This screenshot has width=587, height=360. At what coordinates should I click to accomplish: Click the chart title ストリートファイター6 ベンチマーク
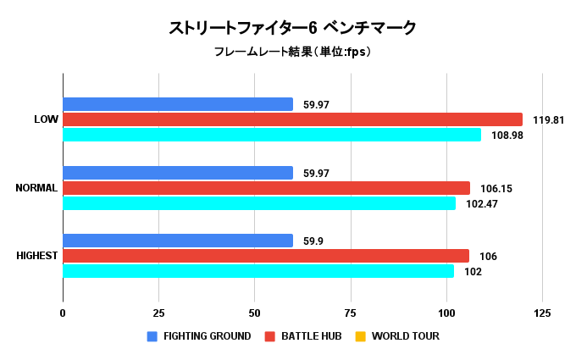pyautogui.click(x=293, y=29)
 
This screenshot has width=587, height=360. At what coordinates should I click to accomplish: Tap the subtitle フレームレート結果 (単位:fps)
pyautogui.click(x=293, y=53)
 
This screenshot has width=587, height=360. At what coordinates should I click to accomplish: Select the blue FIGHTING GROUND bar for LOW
pyautogui.click(x=178, y=104)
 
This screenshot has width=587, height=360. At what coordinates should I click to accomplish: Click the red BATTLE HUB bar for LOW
pyautogui.click(x=292, y=119)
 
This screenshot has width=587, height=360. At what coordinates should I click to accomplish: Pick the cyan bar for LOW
pyautogui.click(x=272, y=135)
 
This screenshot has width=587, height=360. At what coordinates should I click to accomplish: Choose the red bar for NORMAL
pyautogui.click(x=266, y=188)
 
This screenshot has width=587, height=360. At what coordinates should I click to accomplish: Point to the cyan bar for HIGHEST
pyautogui.click(x=258, y=271)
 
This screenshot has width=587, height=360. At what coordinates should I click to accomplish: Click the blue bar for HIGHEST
pyautogui.click(x=178, y=241)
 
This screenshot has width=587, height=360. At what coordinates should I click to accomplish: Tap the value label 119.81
pyautogui.click(x=548, y=119)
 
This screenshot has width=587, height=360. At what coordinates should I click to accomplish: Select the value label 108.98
pyautogui.click(x=507, y=135)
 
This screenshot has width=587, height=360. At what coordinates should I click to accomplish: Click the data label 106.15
pyautogui.click(x=496, y=188)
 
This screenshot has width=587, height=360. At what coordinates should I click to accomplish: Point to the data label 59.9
pyautogui.click(x=314, y=241)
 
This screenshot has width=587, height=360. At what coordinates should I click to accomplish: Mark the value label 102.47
pyautogui.click(x=482, y=203)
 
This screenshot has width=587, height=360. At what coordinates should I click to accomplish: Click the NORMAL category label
pyautogui.click(x=36, y=188)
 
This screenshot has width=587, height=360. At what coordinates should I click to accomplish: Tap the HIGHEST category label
pyautogui.click(x=37, y=256)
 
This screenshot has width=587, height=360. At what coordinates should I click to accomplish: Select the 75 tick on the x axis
pyautogui.click(x=350, y=313)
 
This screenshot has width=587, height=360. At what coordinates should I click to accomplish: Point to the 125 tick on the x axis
pyautogui.click(x=542, y=313)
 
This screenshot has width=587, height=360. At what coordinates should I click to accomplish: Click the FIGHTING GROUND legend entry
pyautogui.click(x=199, y=336)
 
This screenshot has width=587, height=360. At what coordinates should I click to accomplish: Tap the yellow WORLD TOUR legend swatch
pyautogui.click(x=360, y=336)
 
